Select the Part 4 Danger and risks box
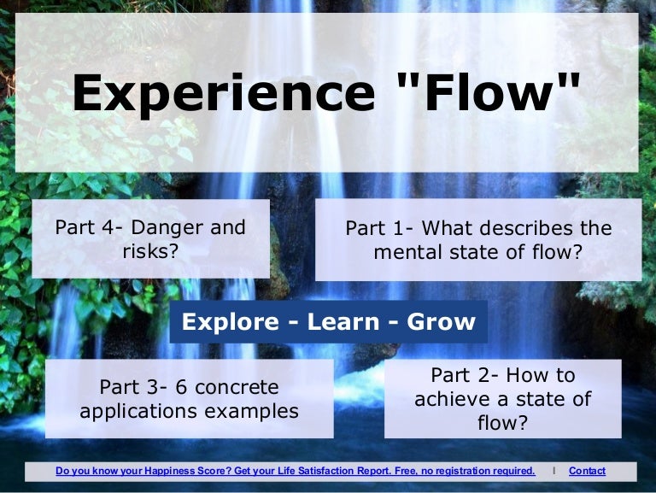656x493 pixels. (150, 238)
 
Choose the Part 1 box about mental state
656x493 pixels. (478, 240)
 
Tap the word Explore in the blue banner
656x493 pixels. (230, 321)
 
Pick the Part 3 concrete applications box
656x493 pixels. (189, 399)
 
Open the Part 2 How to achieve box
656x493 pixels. (502, 399)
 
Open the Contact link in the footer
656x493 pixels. (587, 471)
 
